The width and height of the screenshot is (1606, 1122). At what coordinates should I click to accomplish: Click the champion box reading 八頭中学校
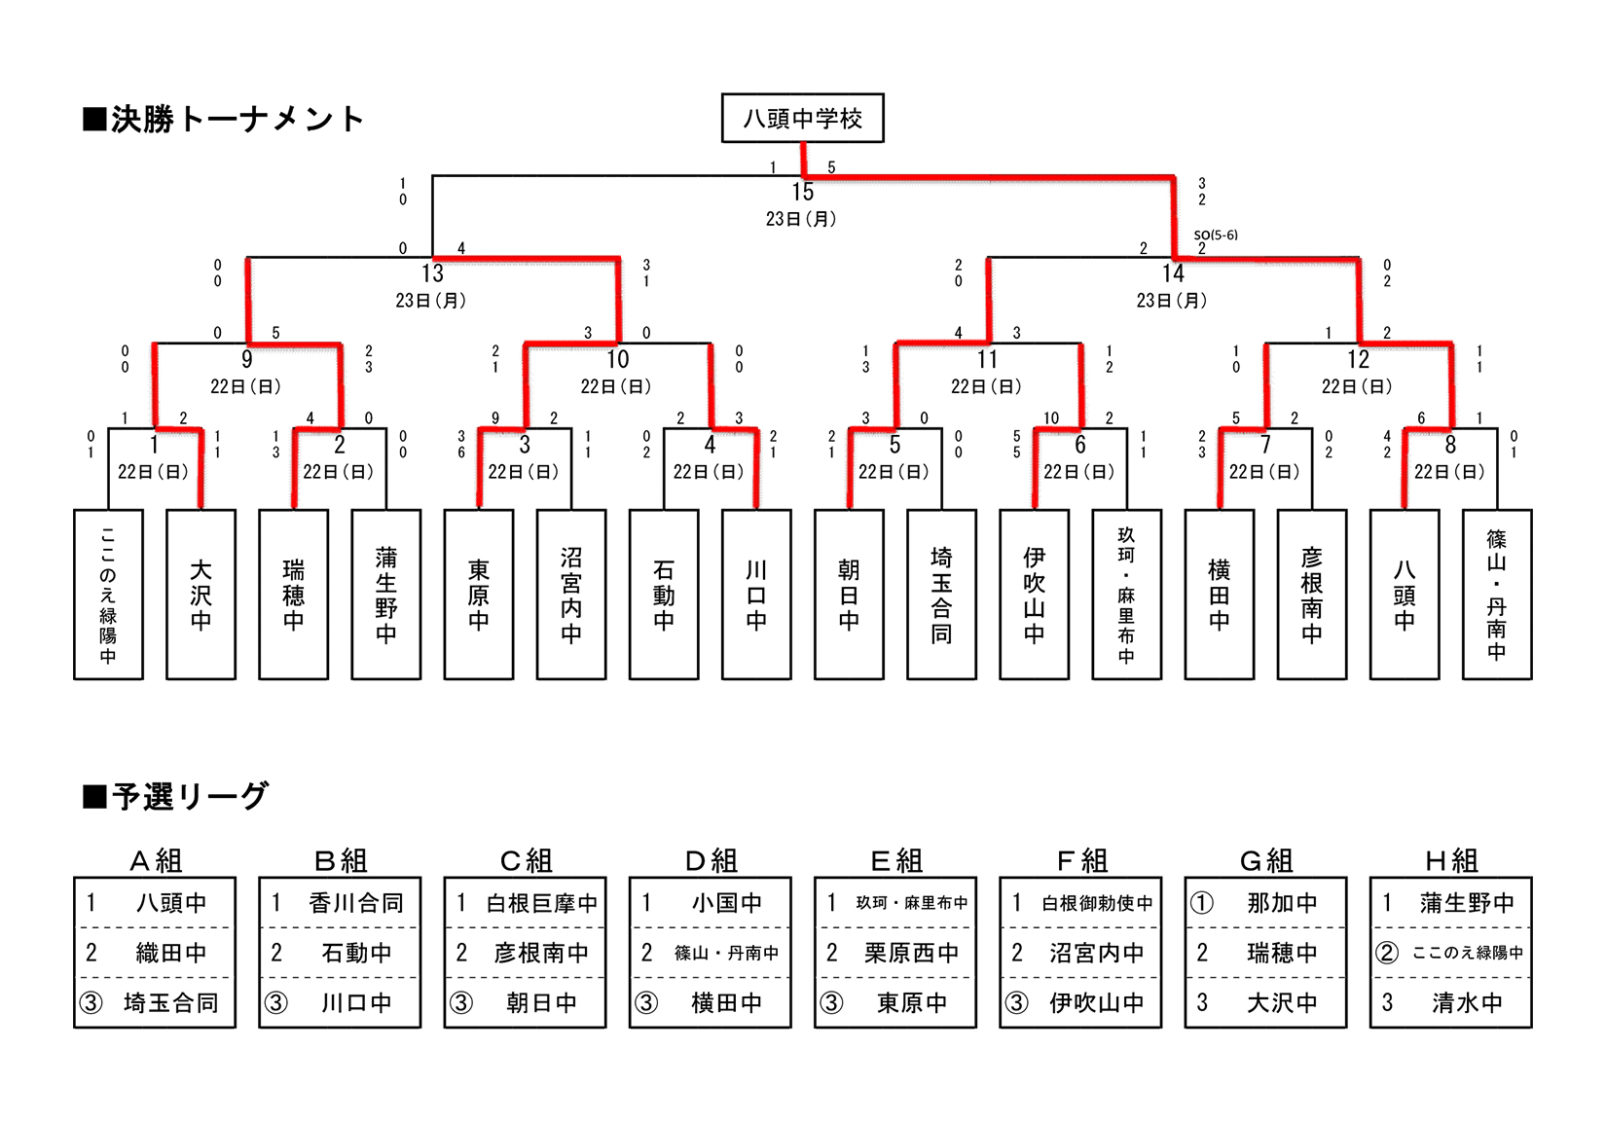click(x=802, y=119)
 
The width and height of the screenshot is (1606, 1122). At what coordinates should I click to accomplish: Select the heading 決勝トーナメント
click(x=225, y=120)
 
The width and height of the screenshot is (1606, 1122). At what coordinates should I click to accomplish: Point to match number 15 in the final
click(x=802, y=192)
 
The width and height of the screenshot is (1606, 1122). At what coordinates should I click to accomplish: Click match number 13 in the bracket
click(x=432, y=273)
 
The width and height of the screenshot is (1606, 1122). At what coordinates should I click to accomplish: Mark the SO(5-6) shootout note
click(x=1216, y=235)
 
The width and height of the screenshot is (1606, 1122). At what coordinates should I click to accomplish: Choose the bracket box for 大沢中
click(x=201, y=595)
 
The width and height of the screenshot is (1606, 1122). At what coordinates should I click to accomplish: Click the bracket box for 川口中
click(x=756, y=595)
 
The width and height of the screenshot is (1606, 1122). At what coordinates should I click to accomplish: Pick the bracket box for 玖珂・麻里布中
click(x=1126, y=595)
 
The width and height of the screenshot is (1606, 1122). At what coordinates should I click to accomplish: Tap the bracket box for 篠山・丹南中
click(x=1496, y=595)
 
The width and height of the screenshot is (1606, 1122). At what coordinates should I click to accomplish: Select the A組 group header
click(x=156, y=861)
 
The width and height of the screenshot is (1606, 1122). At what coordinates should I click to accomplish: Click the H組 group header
click(x=1451, y=861)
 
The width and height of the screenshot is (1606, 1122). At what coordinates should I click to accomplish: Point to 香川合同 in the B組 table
click(x=356, y=903)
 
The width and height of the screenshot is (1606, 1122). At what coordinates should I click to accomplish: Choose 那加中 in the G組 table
click(x=1282, y=903)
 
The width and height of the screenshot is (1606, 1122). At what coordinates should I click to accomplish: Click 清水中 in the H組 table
click(x=1467, y=1003)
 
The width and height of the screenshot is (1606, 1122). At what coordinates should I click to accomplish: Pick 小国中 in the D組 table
click(x=726, y=903)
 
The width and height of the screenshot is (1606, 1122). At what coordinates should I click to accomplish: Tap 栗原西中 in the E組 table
click(x=911, y=953)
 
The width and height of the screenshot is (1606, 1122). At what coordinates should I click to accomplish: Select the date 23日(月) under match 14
click(x=1172, y=301)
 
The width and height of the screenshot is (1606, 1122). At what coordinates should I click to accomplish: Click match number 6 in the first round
click(x=1079, y=445)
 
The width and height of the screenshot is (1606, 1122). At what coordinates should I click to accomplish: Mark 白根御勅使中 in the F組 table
click(x=1097, y=903)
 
